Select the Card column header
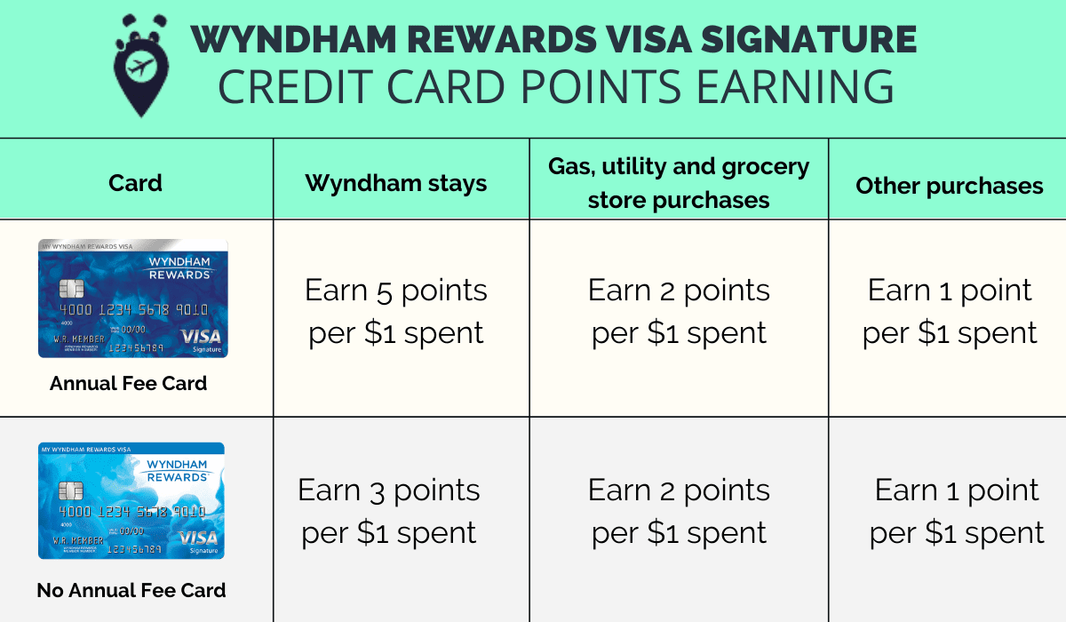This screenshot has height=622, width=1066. (135, 184)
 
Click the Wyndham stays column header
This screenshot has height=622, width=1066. (396, 184)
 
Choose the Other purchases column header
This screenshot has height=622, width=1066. (949, 186)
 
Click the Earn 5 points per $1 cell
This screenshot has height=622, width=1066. (396, 311)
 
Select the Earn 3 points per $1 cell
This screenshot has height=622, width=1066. (389, 511)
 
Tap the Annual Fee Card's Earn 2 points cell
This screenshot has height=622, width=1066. (679, 311)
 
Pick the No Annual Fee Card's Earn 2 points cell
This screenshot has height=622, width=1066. (679, 511)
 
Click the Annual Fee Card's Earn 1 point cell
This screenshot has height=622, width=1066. (950, 311)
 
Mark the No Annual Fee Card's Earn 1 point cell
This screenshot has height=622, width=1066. (957, 511)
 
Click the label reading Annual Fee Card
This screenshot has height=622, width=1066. (128, 384)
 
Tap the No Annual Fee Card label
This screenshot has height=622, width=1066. (131, 590)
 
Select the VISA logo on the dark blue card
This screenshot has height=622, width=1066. (200, 337)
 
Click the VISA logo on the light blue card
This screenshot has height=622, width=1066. (197, 538)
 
